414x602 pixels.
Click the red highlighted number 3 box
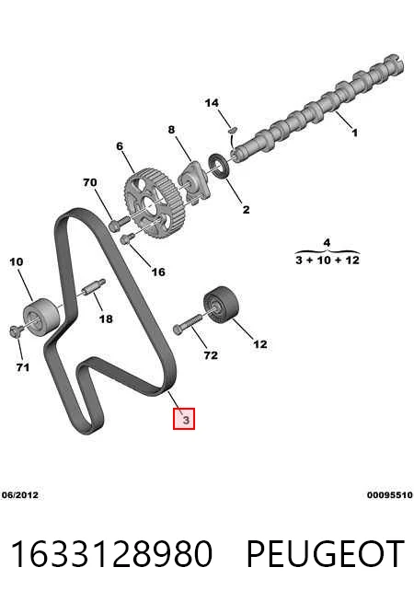(184, 419)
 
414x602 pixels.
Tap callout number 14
(212, 103)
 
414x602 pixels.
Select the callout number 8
(171, 130)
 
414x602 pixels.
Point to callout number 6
(120, 146)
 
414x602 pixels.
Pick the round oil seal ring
(219, 166)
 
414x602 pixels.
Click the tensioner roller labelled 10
(41, 317)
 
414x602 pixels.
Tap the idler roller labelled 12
(221, 304)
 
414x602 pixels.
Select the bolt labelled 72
(187, 324)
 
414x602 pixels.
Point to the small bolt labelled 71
(15, 331)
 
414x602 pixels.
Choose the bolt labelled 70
(120, 223)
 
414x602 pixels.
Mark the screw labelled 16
(127, 238)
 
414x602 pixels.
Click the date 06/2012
(20, 495)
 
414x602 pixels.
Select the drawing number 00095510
(390, 495)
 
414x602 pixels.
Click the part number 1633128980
(111, 554)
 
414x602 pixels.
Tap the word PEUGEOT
(325, 554)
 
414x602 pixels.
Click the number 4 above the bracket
(327, 243)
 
